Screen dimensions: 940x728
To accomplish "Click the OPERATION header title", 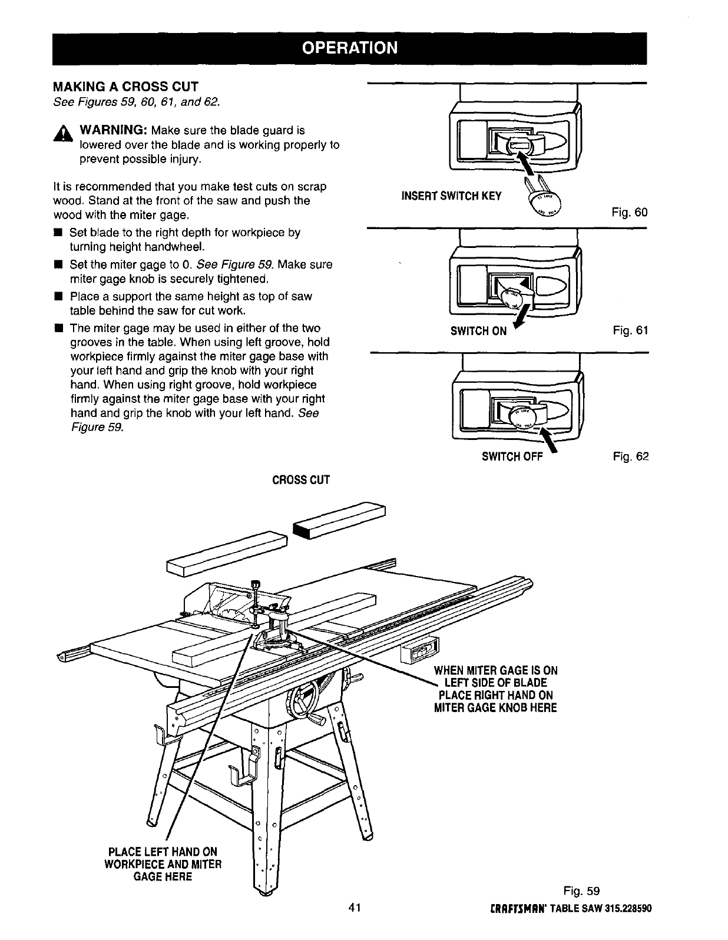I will (x=350, y=47).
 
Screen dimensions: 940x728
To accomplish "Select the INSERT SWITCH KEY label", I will (x=451, y=196).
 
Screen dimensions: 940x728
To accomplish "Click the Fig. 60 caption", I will (x=629, y=212).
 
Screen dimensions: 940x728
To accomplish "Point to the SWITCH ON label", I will (x=478, y=331).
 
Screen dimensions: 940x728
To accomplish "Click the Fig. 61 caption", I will (x=630, y=331).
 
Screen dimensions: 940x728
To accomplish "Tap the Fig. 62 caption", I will (x=630, y=456).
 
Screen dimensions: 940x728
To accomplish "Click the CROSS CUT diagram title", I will (x=300, y=480).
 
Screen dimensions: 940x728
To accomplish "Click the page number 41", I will (x=354, y=906).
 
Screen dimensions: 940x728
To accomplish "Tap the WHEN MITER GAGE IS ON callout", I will (x=495, y=670).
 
